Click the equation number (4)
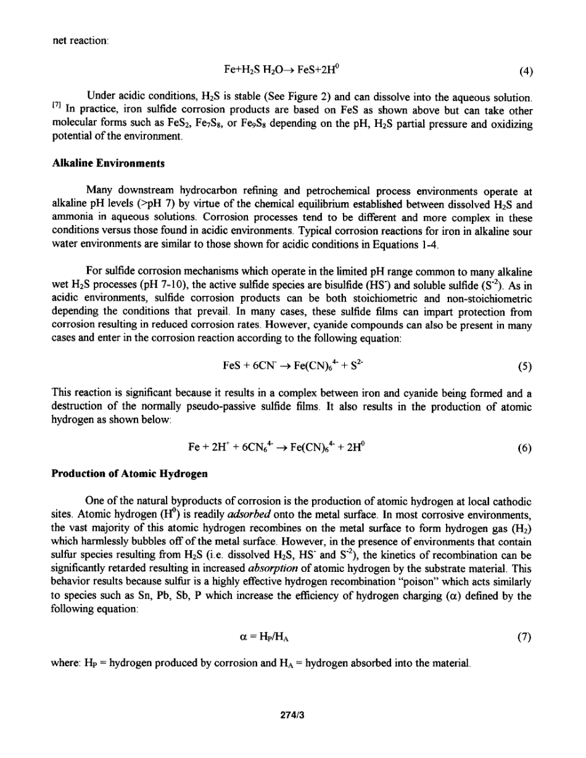point(526,70)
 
